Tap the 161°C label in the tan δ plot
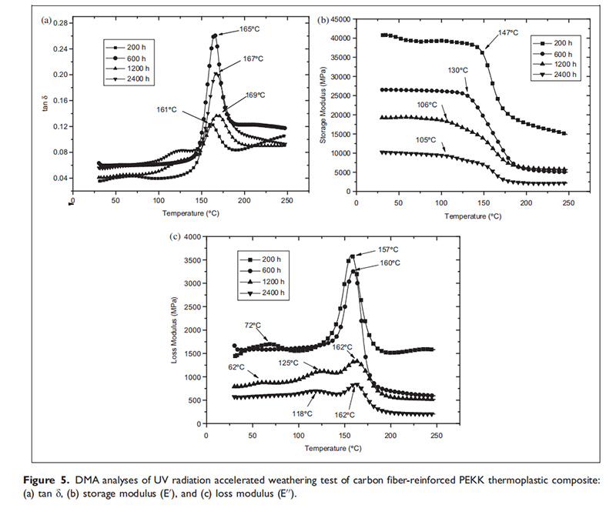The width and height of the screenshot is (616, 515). (x=167, y=110)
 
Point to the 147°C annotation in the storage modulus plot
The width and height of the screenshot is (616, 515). (x=507, y=33)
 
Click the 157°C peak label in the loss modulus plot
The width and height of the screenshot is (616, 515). (x=388, y=249)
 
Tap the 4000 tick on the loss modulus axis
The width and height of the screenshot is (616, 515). (x=192, y=237)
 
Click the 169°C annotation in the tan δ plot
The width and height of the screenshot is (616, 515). (x=255, y=95)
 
